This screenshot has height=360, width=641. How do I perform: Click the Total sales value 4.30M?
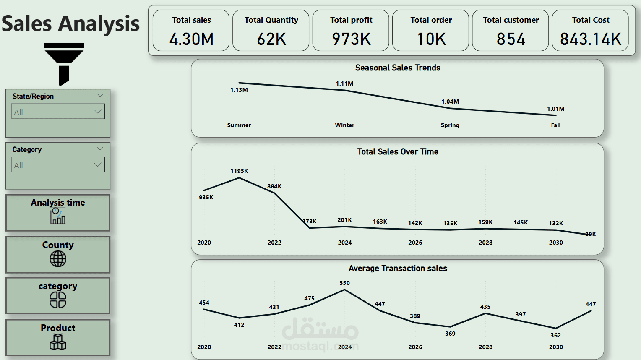tap(191, 39)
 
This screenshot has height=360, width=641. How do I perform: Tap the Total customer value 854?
tap(511, 39)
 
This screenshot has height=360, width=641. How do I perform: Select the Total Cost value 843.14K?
tap(590, 39)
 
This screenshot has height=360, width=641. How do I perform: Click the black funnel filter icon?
tap(64, 63)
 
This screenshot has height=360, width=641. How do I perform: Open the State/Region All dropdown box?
tap(58, 112)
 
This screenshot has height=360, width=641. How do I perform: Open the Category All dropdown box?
tap(58, 165)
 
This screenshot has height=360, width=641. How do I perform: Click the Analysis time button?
tap(58, 212)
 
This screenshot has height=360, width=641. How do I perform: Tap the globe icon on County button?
tap(58, 259)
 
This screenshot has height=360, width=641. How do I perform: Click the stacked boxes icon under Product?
tap(58, 342)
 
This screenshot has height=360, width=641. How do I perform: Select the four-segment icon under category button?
tap(58, 300)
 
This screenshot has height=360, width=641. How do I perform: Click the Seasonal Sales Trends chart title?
tap(398, 68)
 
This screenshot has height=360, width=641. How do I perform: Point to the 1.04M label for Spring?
tap(450, 102)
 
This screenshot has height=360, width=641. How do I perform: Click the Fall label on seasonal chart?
tap(556, 125)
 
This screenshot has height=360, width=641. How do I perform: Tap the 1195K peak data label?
tap(239, 171)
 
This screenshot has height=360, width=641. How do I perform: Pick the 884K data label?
tap(274, 186)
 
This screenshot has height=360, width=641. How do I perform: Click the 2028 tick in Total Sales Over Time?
tap(485, 243)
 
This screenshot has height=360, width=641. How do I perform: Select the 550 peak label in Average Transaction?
tap(344, 283)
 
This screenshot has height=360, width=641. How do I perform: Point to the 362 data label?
tap(555, 335)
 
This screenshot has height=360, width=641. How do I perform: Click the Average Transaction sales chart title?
tap(398, 269)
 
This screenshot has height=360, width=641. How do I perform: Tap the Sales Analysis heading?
tap(70, 23)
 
